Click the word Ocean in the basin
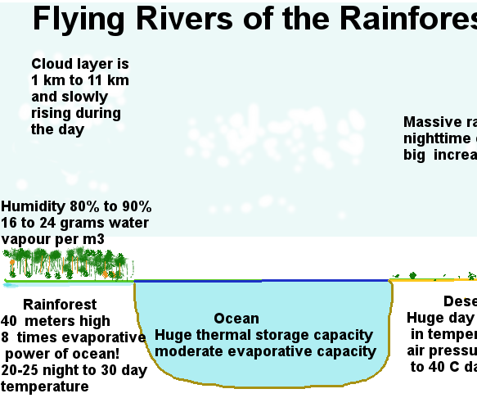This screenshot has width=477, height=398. pos(236,319)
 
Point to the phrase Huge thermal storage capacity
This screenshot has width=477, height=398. pos(264,335)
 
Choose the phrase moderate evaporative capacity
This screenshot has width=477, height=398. pos(265,351)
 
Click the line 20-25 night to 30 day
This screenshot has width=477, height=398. pos(74,370)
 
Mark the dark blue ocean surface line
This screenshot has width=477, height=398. pos(262,281)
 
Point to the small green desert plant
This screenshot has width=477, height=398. pos(413,276)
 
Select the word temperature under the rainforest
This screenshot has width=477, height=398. pos(45,387)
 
